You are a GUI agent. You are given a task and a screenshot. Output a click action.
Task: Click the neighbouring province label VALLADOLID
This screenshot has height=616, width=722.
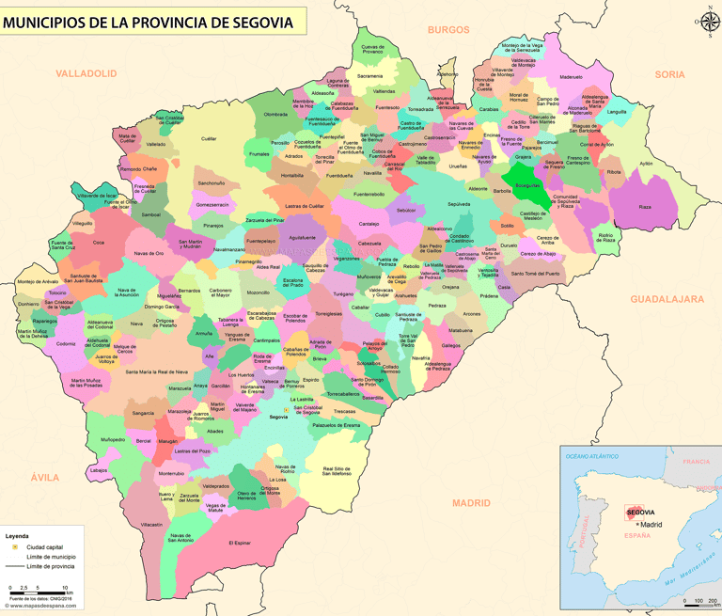point(86,72)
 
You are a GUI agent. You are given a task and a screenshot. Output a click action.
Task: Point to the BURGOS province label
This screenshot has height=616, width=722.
point(447,29)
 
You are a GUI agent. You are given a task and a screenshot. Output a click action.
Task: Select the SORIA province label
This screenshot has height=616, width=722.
point(669,73)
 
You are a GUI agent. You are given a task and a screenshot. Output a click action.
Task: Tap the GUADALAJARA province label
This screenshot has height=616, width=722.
point(667,298)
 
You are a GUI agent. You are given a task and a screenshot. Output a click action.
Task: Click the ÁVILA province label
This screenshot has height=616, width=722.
point(44,478)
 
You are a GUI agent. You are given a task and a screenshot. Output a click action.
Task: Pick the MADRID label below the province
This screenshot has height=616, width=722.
point(471,503)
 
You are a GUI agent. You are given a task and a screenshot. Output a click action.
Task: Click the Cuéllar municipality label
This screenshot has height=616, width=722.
point(209,138)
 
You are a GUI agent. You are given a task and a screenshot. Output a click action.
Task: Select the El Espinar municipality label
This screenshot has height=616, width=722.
point(241,543)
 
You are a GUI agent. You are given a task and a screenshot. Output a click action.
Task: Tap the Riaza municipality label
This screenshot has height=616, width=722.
point(644,207)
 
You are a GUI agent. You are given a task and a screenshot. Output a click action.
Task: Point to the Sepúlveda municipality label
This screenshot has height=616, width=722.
point(459,203)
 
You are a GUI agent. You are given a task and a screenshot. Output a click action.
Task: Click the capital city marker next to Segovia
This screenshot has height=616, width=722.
point(287,410)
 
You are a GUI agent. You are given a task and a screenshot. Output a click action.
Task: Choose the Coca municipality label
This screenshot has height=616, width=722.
point(99,242)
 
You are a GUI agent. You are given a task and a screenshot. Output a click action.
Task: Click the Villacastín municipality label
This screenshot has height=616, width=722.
point(151,524)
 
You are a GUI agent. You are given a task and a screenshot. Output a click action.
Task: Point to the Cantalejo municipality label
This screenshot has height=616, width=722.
point(369,223)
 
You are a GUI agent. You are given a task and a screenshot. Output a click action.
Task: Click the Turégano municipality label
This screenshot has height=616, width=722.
point(343,294)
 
